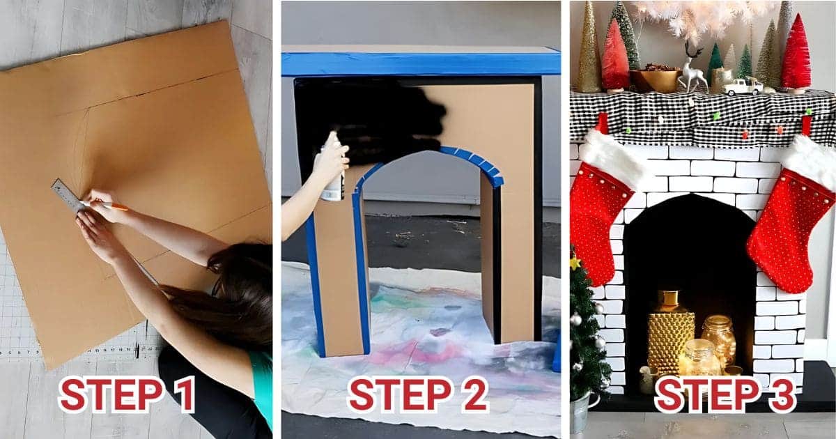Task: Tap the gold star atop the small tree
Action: tap(575, 263)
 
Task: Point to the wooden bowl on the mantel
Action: tap(655, 79)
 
